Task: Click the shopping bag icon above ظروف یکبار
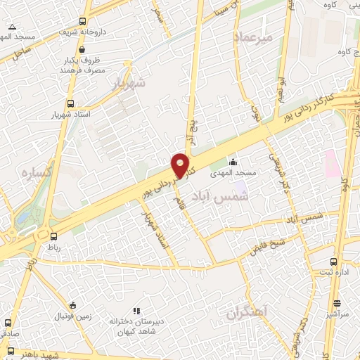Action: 83,50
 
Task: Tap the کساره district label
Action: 33,173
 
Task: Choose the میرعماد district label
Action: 254,36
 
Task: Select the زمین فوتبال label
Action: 72,316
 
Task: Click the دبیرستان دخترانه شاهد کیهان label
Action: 136,325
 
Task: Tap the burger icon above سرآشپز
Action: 337,304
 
